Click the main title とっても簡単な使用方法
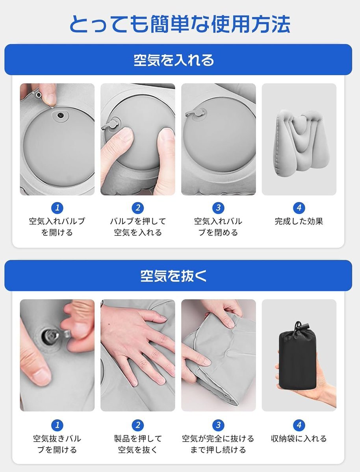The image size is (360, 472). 180,24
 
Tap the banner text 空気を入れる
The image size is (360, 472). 174,60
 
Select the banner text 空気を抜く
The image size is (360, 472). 174,276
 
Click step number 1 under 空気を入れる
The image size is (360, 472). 57,208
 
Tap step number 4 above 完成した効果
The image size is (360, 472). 299,208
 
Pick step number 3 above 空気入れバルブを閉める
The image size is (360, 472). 219,208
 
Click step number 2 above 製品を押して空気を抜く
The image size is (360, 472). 138,425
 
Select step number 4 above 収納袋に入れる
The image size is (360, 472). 299,425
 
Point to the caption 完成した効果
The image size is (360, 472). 299,221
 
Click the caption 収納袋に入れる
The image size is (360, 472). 299,439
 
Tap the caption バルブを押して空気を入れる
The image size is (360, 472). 138,227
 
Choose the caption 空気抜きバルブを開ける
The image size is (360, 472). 57,444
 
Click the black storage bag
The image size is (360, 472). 297,358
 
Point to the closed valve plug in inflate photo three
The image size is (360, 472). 197,113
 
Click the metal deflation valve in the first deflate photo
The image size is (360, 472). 50,337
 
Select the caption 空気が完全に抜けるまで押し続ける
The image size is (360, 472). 219,444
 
